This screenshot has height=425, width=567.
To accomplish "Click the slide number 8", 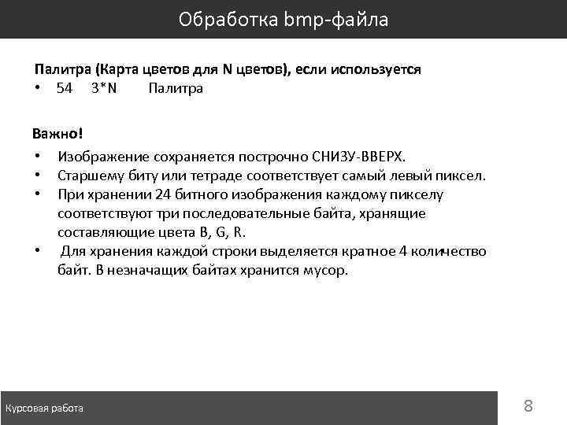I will pyautogui.click(x=528, y=406).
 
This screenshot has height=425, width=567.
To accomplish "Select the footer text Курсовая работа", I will pyautogui.click(x=45, y=408).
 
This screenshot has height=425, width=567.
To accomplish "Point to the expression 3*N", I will pyautogui.click(x=104, y=88).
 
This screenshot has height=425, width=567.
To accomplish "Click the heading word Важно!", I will pyautogui.click(x=57, y=131).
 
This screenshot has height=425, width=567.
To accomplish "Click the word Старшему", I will pyautogui.click(x=90, y=175).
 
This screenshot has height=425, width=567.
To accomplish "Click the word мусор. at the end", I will pyautogui.click(x=326, y=271).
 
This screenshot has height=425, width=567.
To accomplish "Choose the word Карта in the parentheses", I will pyautogui.click(x=118, y=69).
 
